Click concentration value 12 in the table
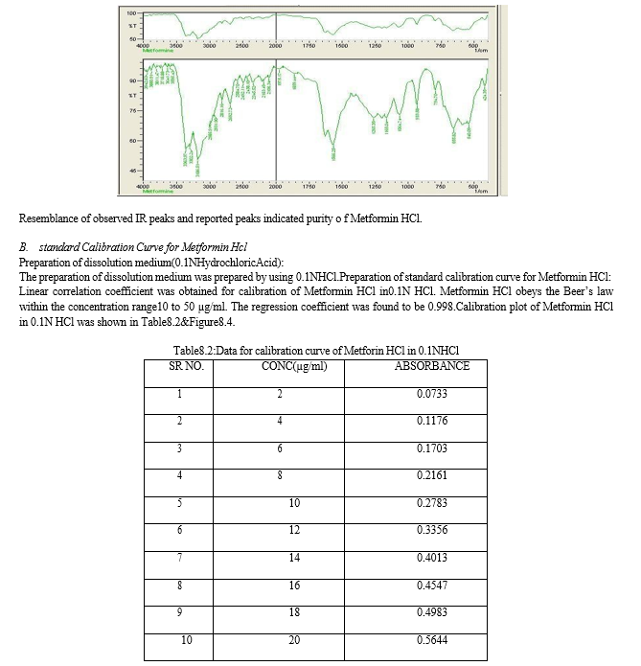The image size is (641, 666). click(295, 530)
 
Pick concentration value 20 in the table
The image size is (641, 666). click(295, 639)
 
